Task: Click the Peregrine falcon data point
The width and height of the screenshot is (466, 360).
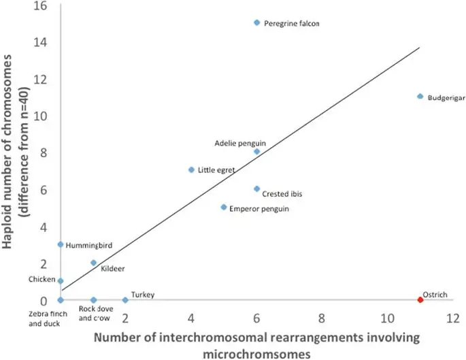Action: pyautogui.click(x=256, y=22)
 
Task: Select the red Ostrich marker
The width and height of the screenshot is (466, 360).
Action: pyautogui.click(x=420, y=299)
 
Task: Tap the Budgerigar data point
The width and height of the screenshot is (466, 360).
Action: pyautogui.click(x=420, y=97)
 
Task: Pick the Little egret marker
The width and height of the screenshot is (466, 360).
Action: pyautogui.click(x=191, y=169)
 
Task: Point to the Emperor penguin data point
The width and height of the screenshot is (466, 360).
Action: pyautogui.click(x=224, y=207)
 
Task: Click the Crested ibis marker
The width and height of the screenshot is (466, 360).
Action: pyautogui.click(x=256, y=189)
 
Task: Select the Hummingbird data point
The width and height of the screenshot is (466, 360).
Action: pyautogui.click(x=61, y=244)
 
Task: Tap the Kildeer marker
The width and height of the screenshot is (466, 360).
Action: pyautogui.click(x=93, y=263)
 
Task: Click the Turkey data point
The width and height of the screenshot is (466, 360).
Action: pyautogui.click(x=125, y=299)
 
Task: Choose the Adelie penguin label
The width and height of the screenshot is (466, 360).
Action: pyautogui.click(x=240, y=144)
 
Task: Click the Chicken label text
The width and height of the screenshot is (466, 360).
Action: pyautogui.click(x=42, y=279)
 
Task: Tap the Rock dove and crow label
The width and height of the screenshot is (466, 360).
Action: pyautogui.click(x=94, y=314)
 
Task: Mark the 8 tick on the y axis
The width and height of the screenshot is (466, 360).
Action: pyautogui.click(x=44, y=152)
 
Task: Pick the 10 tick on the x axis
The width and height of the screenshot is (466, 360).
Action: pyautogui.click(x=388, y=318)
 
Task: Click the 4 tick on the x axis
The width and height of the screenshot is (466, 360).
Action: pyautogui.click(x=191, y=318)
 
